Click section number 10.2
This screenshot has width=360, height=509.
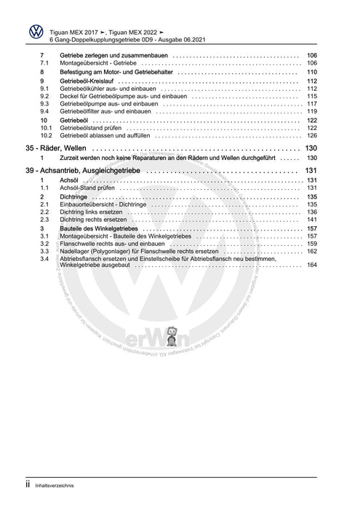46,135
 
